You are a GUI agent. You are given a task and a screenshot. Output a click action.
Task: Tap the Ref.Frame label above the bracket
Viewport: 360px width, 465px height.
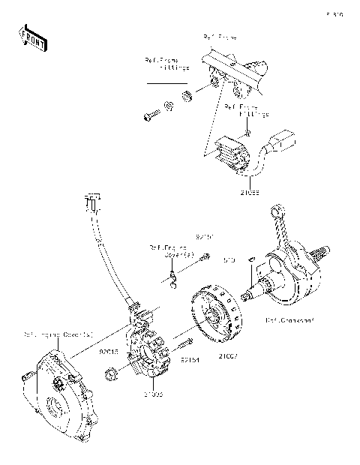pos(219,37)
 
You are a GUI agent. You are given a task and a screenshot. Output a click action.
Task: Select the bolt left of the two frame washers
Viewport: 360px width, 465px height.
pos(149,116)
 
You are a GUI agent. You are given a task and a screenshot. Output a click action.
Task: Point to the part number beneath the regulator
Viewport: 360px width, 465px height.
pos(250,193)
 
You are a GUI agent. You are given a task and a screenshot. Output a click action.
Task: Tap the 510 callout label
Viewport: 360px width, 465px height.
pos(229,260)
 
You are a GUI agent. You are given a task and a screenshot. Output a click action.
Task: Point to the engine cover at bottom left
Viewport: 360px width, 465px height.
pos(57,394)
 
